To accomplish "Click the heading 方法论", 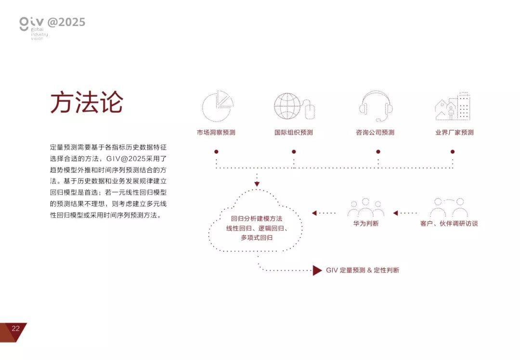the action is point(87,103).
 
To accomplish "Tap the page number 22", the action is point(15,329).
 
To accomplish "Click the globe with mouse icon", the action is point(294,106).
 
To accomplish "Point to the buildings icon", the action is point(453,106).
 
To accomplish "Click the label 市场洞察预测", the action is point(216,132).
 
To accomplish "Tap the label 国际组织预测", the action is point(294,132).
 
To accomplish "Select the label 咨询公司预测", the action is point(375,132).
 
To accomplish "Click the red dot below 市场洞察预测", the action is point(216,152).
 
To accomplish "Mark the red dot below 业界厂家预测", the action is point(453,152).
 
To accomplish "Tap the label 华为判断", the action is point(366,224).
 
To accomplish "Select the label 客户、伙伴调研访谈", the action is point(449,224).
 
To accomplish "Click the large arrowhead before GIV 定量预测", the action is point(317,270).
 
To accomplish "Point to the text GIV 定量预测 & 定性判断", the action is point(363,270).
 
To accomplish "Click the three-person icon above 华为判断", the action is point(366,207).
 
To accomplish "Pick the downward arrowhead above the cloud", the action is point(257,184).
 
